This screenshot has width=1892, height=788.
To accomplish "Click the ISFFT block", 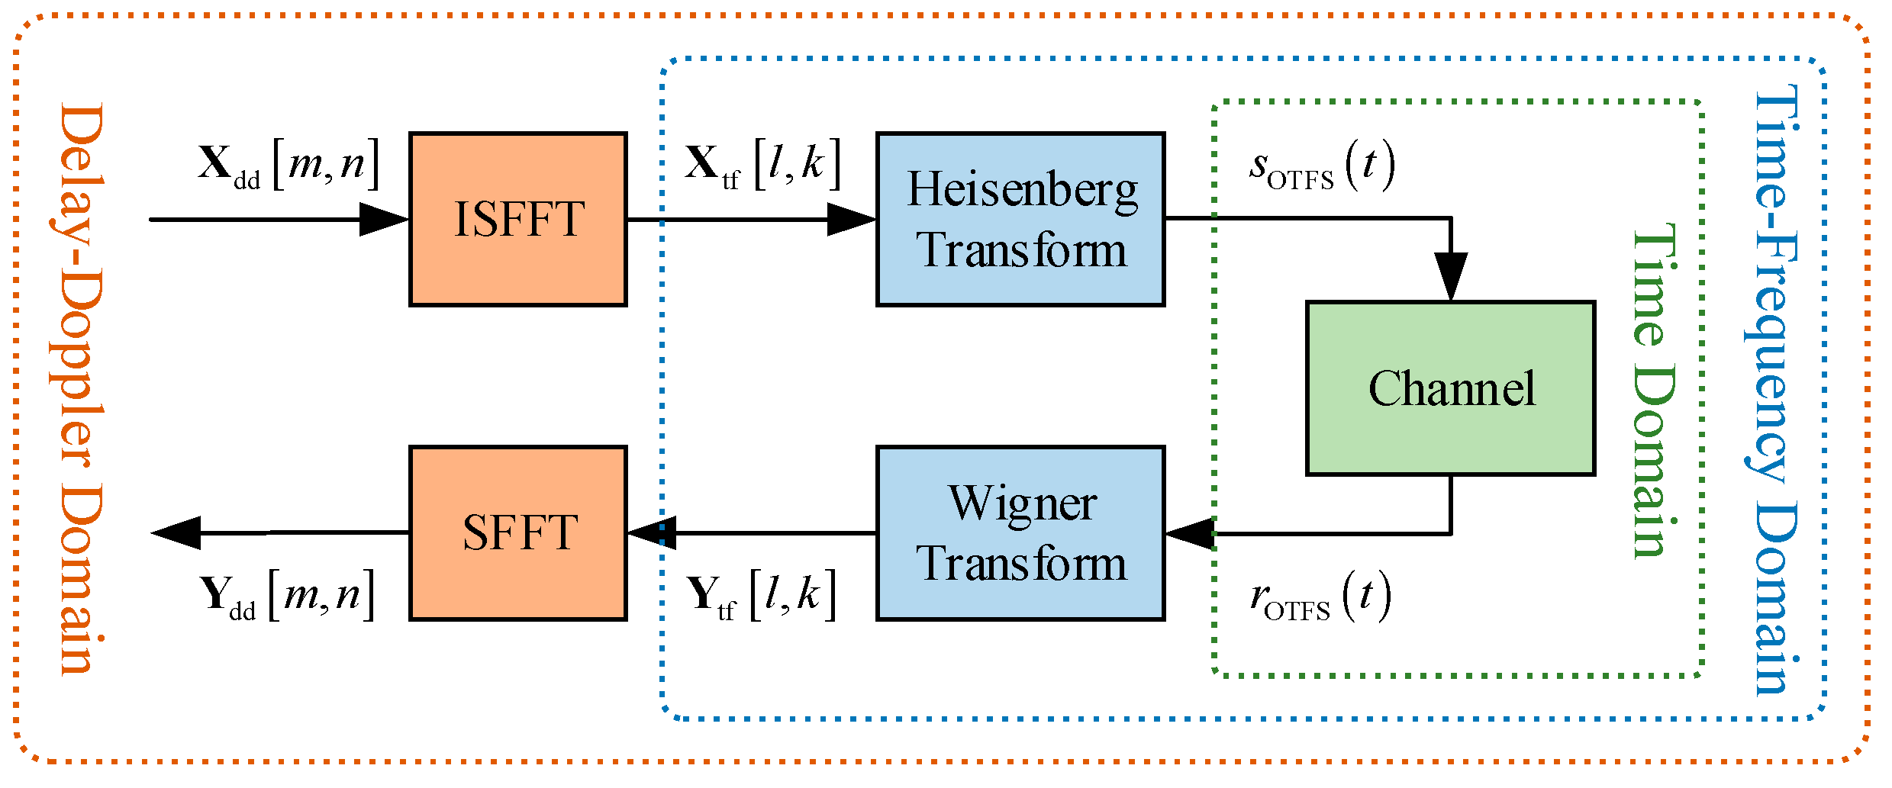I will [518, 220].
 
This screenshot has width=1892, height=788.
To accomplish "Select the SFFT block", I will [518, 533].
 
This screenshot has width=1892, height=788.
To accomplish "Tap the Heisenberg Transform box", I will [1020, 220].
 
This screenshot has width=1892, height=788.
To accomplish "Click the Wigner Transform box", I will [1020, 533].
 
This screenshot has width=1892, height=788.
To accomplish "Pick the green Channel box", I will [1450, 389].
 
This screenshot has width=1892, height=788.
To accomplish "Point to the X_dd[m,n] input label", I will [288, 165].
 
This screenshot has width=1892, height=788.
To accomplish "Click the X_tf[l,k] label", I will [762, 165].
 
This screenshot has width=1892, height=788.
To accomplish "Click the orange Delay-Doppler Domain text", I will [79, 389].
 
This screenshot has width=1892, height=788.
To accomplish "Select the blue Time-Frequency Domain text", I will [1775, 389].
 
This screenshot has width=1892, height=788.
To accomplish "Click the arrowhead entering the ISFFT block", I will [384, 220].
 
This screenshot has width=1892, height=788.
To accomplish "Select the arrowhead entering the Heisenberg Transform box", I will [852, 220].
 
